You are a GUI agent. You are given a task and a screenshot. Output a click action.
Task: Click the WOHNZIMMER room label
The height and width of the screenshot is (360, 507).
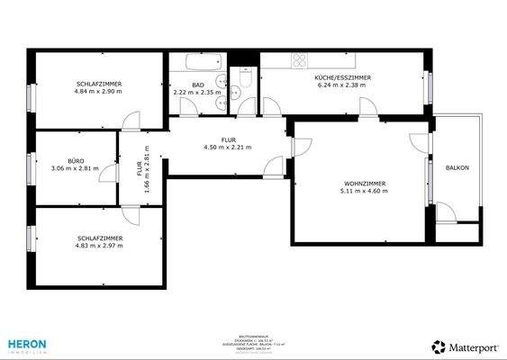pos(357,183)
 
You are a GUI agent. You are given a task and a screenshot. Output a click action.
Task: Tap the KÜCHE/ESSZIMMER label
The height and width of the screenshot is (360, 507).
pos(342,78)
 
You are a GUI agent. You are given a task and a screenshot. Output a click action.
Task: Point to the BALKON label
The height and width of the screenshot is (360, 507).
pos(457,167)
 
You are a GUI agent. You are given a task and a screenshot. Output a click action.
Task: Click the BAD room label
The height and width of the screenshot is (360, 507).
pos(197,84)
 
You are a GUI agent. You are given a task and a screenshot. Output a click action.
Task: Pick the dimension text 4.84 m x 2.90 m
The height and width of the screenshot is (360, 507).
pos(99,92)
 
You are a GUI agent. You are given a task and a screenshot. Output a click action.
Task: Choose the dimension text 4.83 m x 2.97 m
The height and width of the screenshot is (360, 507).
pos(99,246)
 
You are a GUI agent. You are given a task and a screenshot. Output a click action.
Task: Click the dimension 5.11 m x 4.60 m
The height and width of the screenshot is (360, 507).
pos(357,191)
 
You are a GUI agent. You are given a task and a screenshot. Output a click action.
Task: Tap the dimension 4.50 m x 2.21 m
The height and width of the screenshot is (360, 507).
pos(227,148)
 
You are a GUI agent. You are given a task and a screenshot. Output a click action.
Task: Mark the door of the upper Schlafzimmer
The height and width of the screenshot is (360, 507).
pos(131,121)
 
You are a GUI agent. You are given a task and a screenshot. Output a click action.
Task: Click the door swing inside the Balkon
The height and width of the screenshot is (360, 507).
pos(445,214)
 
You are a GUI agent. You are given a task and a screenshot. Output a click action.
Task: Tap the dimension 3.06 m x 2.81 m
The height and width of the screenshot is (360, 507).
pos(75,168)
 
